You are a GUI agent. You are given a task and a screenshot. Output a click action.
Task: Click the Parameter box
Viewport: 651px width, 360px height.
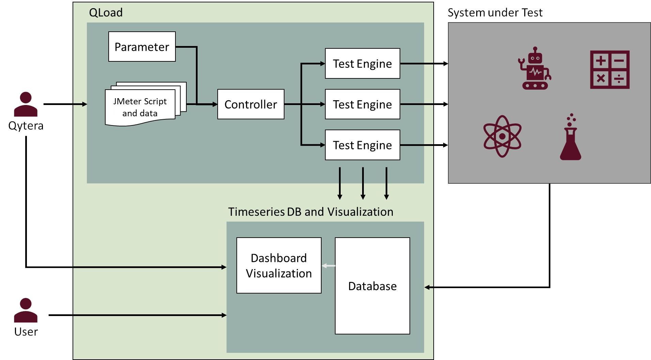142,47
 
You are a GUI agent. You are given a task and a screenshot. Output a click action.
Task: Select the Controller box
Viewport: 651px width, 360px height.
251,104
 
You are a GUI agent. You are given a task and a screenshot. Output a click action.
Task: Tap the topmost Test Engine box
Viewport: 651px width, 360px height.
362,64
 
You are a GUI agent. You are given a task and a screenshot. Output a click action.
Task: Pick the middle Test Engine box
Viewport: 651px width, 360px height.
362,104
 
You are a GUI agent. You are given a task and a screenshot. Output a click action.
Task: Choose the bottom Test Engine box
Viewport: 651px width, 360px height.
362,145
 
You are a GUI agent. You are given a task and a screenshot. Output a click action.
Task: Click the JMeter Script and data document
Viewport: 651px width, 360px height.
140,107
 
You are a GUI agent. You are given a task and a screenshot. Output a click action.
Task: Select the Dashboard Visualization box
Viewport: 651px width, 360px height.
279,265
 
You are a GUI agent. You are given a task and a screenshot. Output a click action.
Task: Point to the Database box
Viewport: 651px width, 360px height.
372,286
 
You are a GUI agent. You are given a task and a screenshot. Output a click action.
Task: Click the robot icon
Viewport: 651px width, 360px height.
535,69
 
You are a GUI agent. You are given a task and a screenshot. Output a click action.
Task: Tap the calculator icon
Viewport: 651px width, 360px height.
609,70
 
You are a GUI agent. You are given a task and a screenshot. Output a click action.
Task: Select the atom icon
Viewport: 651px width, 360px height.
502,136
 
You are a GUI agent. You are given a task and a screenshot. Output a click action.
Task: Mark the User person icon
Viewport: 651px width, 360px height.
26,310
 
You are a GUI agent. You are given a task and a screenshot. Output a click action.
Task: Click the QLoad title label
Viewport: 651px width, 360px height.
106,13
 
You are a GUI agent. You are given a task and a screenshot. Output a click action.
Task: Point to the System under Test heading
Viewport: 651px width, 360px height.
495,13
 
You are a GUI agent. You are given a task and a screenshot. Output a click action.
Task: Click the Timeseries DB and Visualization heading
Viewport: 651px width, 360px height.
310,212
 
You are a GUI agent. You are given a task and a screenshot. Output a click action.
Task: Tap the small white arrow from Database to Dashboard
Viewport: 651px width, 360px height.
328,266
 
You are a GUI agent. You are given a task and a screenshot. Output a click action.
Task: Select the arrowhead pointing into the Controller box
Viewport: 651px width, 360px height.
215,104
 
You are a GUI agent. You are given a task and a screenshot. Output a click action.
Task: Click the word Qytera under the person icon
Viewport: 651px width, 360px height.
26,126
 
